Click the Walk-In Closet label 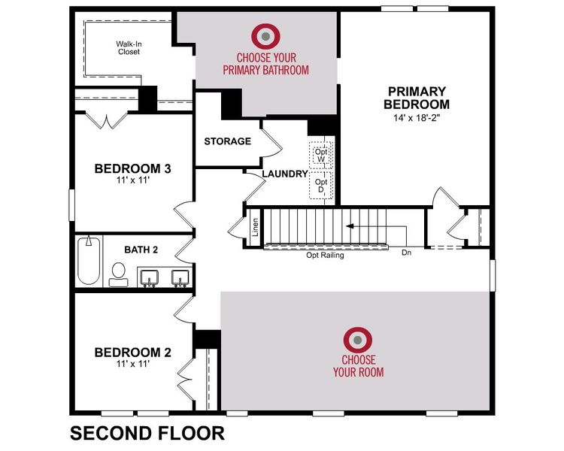(129, 48)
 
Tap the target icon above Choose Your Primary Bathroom (265, 35)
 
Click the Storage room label (228, 141)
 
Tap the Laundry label (285, 174)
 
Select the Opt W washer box (321, 155)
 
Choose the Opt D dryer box (321, 186)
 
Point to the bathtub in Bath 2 (89, 262)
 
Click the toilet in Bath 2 (118, 274)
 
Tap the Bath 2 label (141, 249)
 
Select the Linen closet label (256, 227)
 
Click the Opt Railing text (325, 256)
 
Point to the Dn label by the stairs (407, 253)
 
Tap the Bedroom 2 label (132, 352)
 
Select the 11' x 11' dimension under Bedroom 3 (132, 181)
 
